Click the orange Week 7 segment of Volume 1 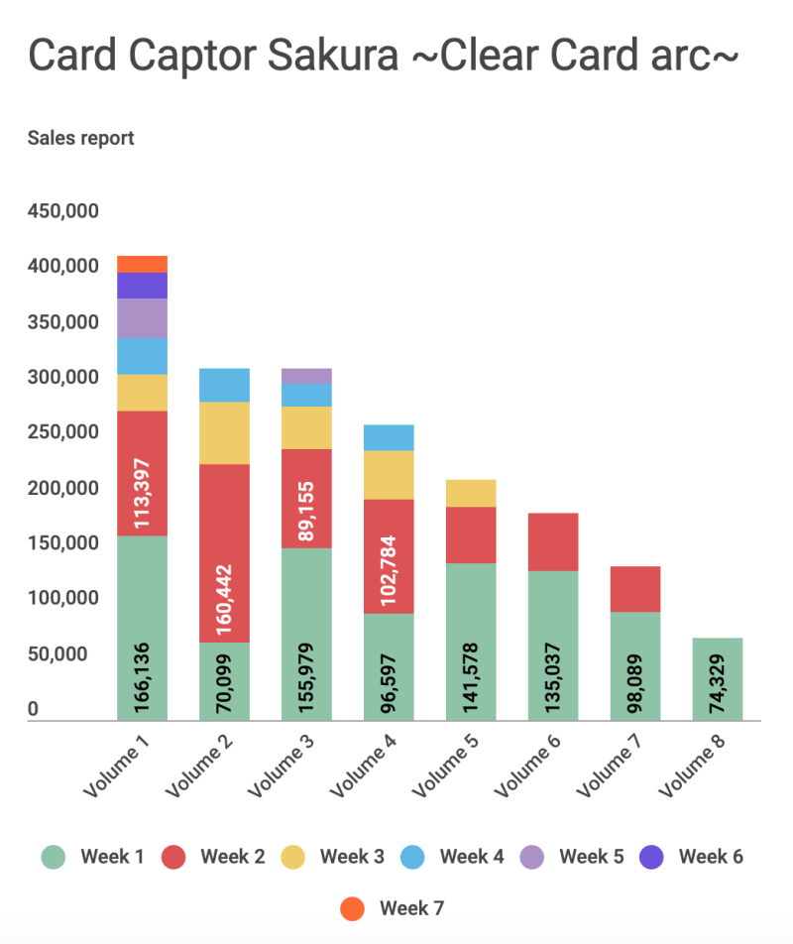pos(142,264)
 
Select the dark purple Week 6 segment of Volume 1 pos(142,286)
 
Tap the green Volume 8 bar pos(718,679)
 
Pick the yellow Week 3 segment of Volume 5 pos(471,493)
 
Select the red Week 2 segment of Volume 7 pos(635,589)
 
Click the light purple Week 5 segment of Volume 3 pos(306,376)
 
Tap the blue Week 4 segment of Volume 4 pos(389,437)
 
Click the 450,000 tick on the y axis pos(62,211)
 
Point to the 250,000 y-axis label pos(62,432)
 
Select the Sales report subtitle pos(81,138)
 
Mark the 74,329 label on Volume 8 pos(719,685)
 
